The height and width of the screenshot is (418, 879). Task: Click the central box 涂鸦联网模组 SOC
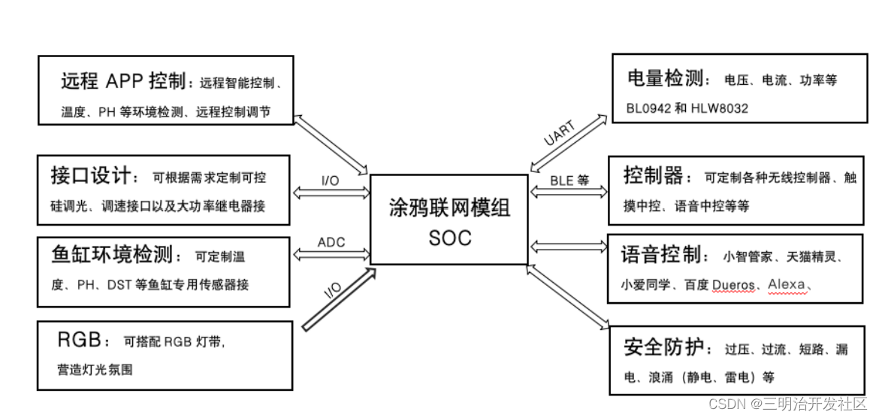450,220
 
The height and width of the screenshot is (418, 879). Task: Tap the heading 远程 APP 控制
123,80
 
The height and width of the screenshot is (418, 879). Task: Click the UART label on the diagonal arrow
559,133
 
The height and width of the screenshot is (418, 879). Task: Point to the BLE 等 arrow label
569,181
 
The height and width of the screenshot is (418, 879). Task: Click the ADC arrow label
331,242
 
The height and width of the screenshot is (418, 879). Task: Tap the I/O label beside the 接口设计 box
330,181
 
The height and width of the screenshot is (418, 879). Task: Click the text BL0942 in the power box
649,108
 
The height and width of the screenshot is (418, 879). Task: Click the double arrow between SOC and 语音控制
568,246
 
